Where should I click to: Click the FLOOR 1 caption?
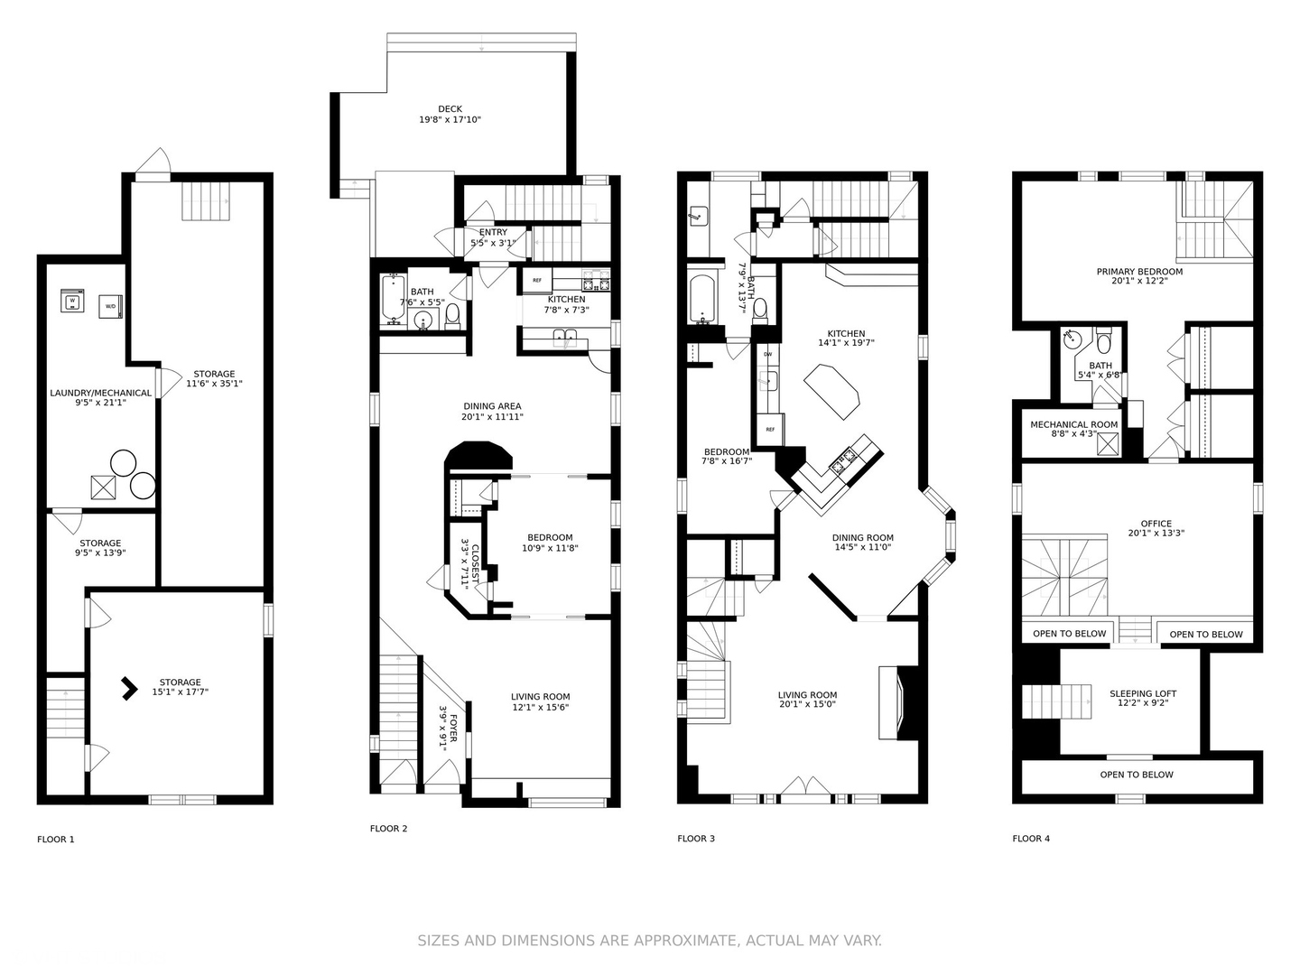(56, 840)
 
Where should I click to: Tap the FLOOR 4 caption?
(1031, 839)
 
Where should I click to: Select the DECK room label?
(450, 109)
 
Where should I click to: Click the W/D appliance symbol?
(111, 306)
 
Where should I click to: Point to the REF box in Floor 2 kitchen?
(536, 281)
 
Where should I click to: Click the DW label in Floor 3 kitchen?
(767, 354)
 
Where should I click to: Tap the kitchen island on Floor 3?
(832, 391)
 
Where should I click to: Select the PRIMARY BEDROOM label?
(1139, 272)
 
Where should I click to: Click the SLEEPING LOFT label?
(1143, 694)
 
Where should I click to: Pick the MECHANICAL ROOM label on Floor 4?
(1073, 424)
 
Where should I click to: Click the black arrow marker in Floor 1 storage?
(129, 689)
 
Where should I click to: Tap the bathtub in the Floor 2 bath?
(393, 299)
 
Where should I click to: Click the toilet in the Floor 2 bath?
(452, 316)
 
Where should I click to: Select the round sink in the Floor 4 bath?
(1072, 340)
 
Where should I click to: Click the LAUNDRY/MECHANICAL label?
(100, 394)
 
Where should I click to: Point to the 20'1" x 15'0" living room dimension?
(807, 704)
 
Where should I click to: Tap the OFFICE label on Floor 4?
(1156, 524)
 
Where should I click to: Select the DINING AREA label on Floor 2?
(492, 406)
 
